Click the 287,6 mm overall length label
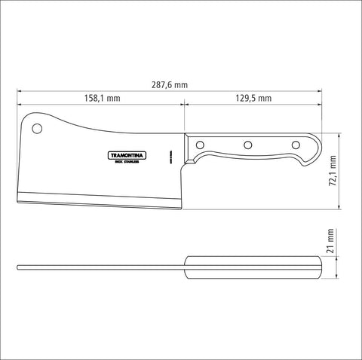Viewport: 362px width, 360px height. point(170,86)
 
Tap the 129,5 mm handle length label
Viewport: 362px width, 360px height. point(253,99)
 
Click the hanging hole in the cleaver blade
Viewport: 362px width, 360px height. point(38,129)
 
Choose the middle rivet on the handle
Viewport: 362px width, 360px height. point(247,145)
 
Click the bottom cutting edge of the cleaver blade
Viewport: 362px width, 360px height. point(98,205)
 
